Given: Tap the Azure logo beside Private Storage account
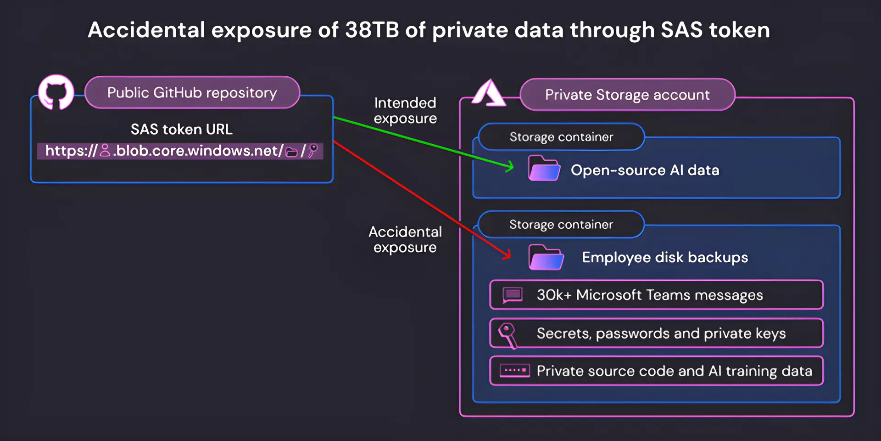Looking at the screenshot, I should pos(489,93).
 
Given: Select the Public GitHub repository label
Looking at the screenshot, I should pos(192,93).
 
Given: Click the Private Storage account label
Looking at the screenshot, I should pos(627,95).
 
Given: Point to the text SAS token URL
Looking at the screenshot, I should pos(181,130).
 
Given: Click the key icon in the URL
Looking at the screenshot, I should pos(313,151).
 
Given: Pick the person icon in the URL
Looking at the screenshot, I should pos(105,151).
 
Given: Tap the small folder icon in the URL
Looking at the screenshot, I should pos(291,152).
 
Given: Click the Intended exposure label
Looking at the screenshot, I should pos(405,111).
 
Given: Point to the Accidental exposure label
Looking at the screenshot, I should pos(405,239).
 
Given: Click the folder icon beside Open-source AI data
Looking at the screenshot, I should pos(544,169).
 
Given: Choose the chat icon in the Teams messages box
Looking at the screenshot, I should pos(513,295).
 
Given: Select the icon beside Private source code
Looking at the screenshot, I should pos(514,371).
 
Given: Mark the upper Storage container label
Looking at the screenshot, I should pos(561,137).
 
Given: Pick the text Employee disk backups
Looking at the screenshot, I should pos(665,258).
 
